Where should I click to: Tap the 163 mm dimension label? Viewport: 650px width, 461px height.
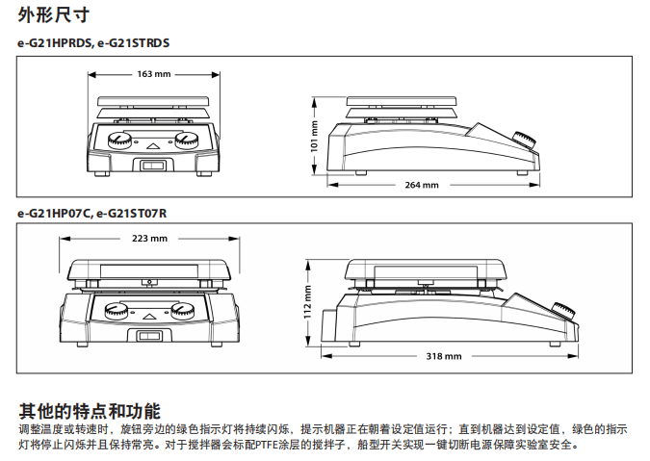(x=154, y=74)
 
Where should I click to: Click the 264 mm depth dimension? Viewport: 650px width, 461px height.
(x=421, y=185)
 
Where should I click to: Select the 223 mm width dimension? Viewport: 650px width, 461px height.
(x=149, y=238)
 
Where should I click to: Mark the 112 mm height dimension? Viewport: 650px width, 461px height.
(x=308, y=303)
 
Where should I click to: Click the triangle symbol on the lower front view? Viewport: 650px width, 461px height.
(x=150, y=315)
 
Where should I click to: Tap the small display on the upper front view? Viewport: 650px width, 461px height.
(x=153, y=166)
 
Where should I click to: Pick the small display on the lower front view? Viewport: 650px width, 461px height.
(x=150, y=336)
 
